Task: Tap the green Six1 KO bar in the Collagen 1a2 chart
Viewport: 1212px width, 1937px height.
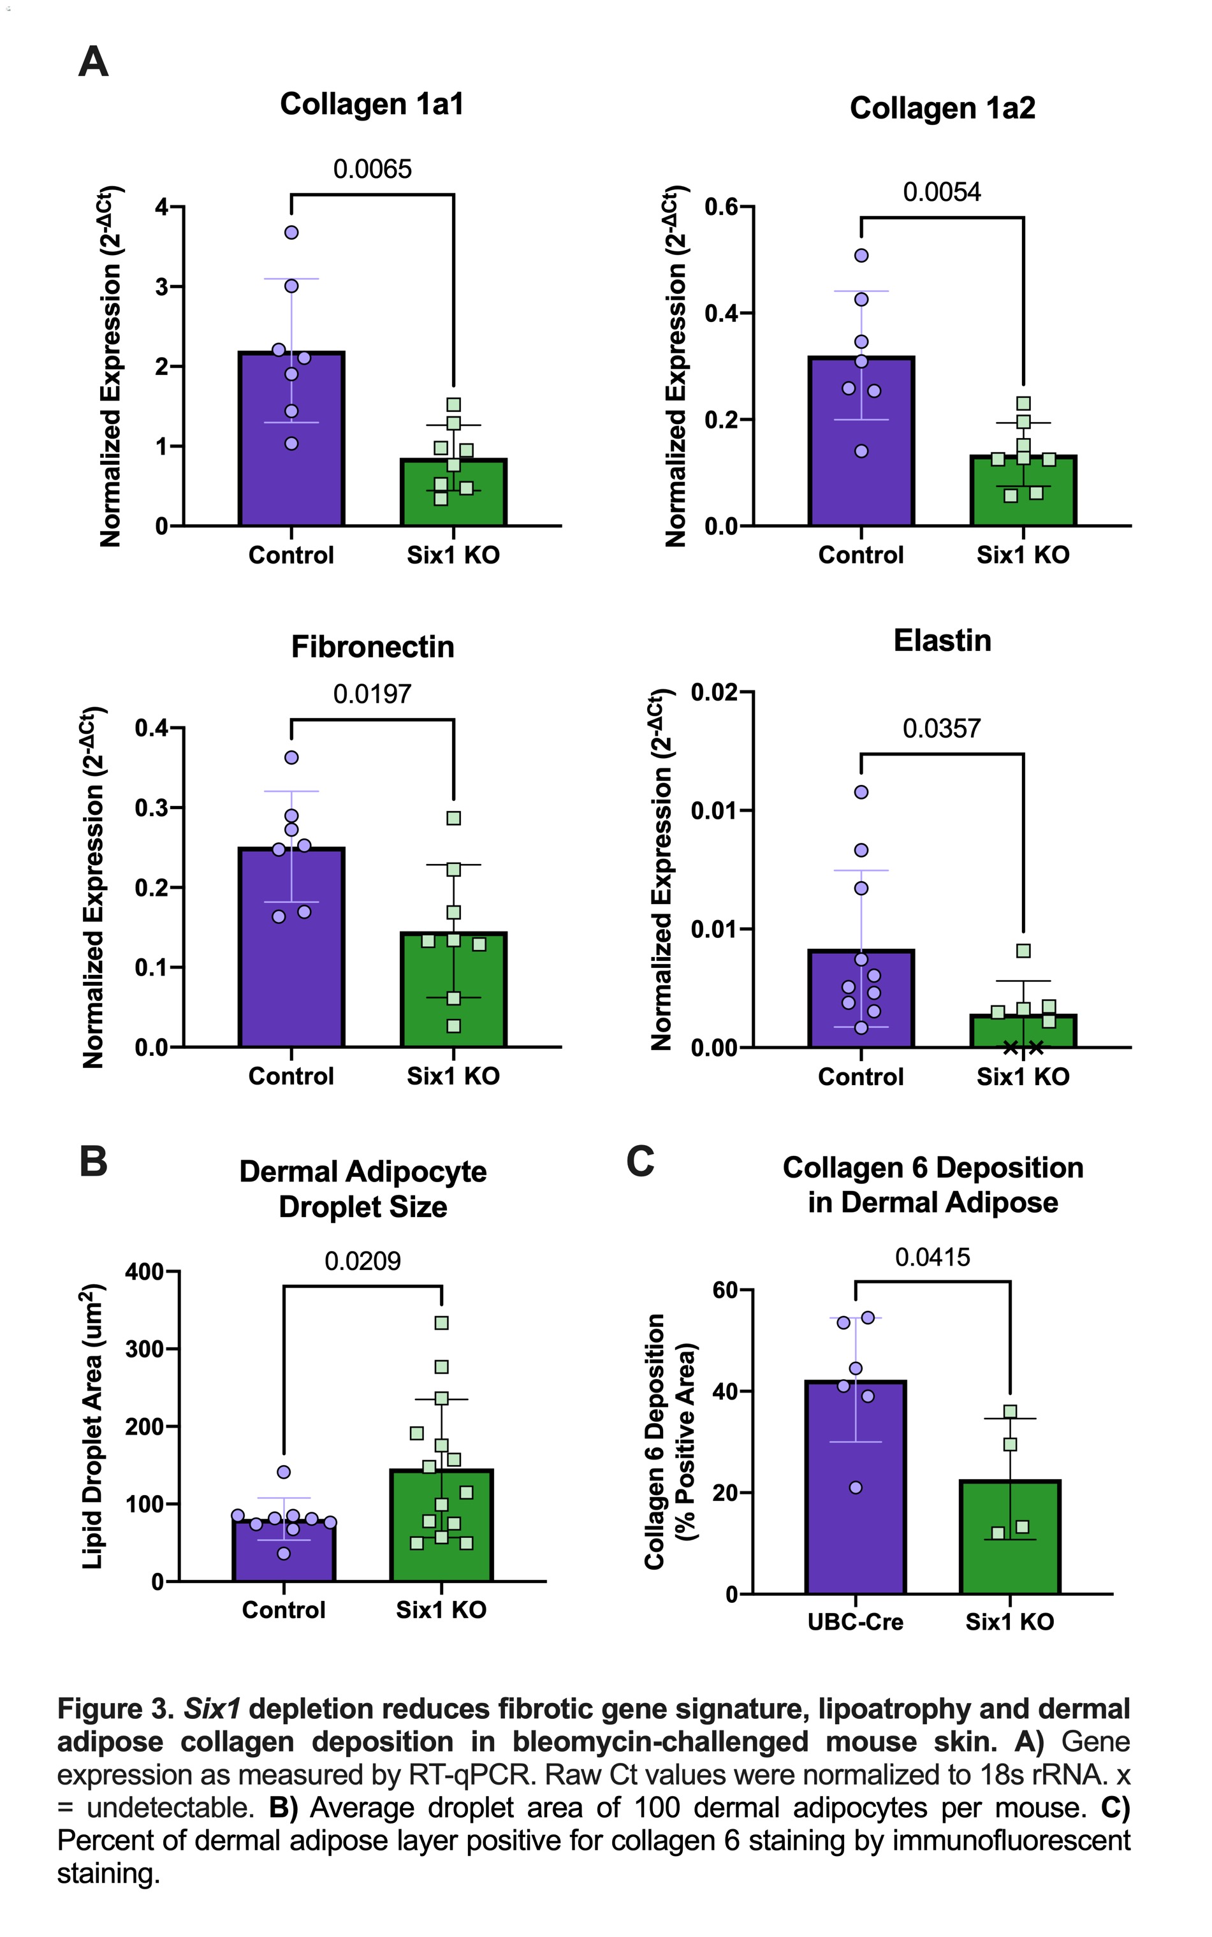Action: (1023, 497)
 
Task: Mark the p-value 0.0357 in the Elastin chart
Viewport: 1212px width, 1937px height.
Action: (941, 729)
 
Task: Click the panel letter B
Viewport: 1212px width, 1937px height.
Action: (93, 1161)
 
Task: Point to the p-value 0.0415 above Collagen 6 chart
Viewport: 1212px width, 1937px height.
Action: (932, 1257)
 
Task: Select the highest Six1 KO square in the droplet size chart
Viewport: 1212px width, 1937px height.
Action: (441, 1323)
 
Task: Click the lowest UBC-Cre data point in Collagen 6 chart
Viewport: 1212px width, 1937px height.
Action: (856, 1488)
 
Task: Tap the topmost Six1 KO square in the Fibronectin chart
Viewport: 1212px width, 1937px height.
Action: (454, 818)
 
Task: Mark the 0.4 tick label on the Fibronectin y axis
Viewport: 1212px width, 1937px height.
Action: (152, 729)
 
